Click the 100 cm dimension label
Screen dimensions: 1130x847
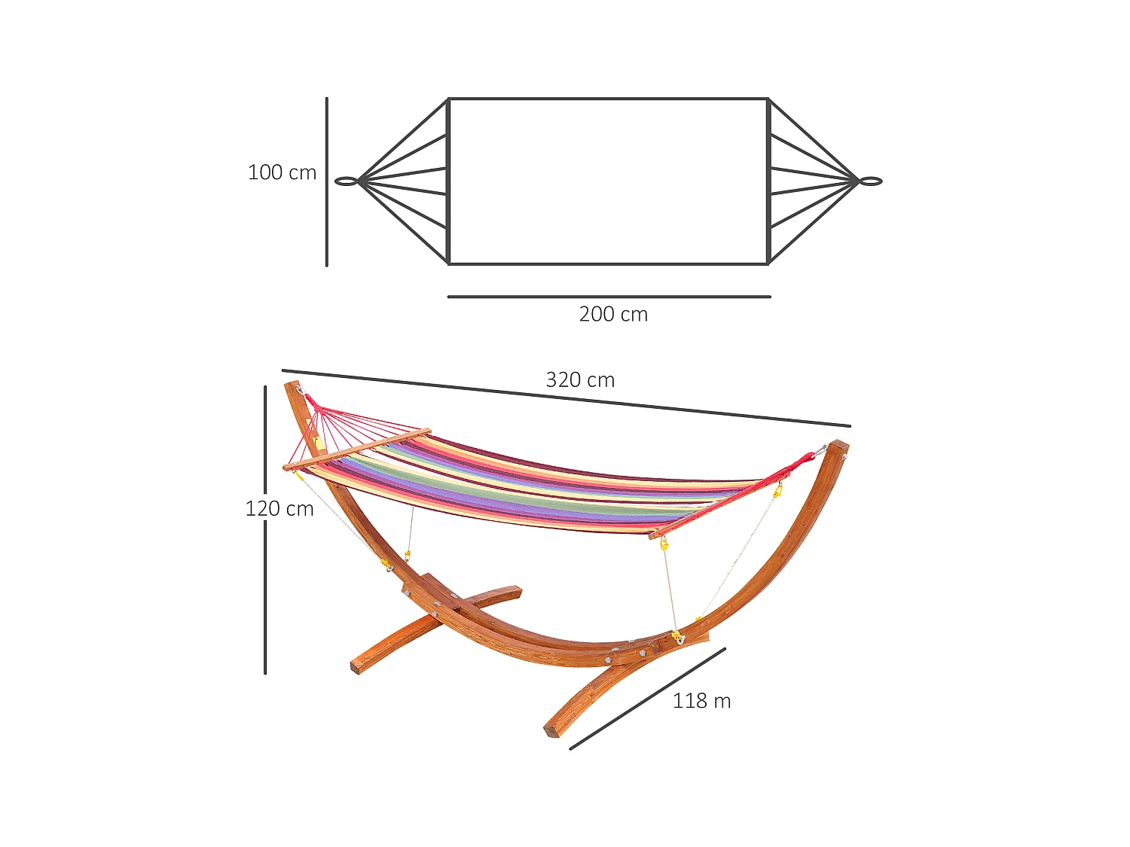pos(282,172)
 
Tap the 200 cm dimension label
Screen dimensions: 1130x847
pos(613,314)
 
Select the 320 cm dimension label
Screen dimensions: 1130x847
pos(580,380)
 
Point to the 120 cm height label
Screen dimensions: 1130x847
pos(279,509)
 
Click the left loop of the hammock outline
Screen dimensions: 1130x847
pos(346,181)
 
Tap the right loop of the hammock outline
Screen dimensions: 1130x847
pos(871,181)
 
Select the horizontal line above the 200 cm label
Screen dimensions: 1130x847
pos(609,297)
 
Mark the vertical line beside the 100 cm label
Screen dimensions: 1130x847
pos(327,182)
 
